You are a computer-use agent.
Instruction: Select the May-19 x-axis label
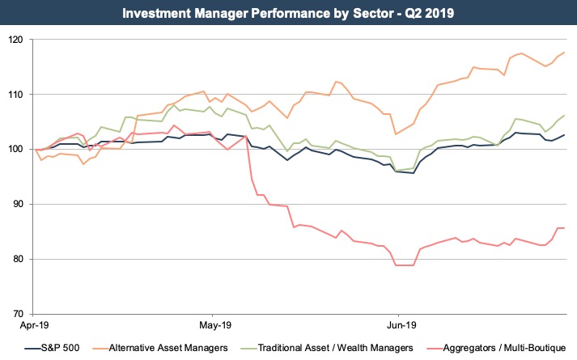click(212, 325)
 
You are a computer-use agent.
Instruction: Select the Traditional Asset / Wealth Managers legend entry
click(337, 346)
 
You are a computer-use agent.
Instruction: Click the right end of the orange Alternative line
click(563, 53)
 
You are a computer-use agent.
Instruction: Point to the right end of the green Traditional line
click(563, 116)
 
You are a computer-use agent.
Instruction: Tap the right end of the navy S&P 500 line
click(563, 135)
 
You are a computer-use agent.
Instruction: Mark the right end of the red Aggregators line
click(563, 228)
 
